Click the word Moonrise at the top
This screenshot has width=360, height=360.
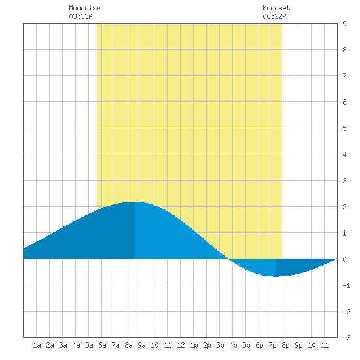tap(84, 8)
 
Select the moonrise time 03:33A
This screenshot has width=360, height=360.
tap(81, 16)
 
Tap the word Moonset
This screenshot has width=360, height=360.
tap(276, 8)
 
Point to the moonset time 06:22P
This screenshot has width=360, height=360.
tap(274, 16)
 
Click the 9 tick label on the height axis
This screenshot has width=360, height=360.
tap(344, 24)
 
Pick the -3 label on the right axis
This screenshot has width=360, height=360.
tap(346, 338)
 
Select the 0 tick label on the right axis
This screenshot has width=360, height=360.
tap(344, 259)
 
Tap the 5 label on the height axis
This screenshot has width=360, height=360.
tap(344, 128)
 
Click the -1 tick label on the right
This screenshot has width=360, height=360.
tap(346, 285)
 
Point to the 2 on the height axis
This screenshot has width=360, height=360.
tap(344, 207)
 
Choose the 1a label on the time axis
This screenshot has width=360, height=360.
tap(37, 345)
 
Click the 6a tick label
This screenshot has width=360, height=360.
tap(102, 345)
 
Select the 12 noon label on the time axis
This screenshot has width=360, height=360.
tap(181, 345)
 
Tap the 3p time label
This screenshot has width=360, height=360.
tap(220, 345)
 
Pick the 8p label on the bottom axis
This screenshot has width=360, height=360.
tap(285, 345)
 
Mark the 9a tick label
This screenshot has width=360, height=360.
tap(141, 345)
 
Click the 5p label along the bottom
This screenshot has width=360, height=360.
tap(246, 345)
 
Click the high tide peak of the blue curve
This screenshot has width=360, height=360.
tap(135, 202)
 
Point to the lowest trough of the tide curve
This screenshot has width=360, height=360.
tap(276, 276)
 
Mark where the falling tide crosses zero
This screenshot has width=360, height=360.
tap(228, 259)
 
